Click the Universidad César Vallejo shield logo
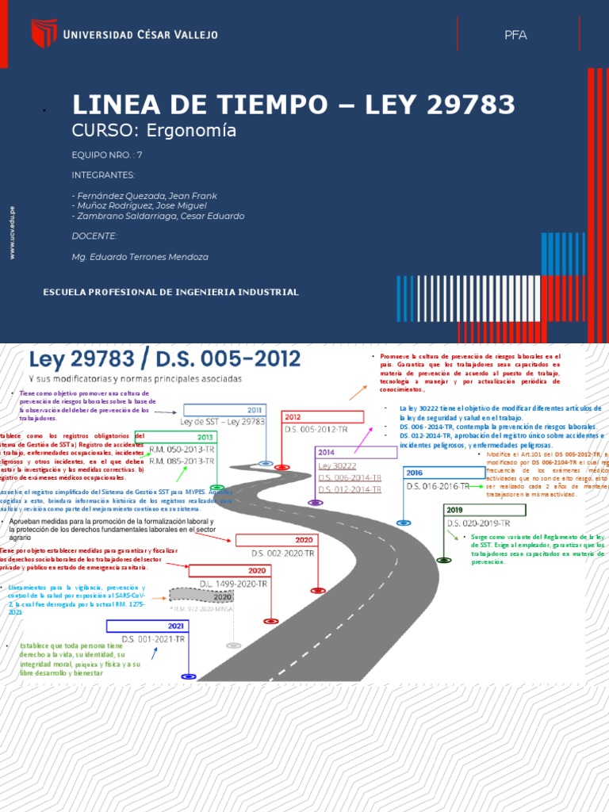(44, 33)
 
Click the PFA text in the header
(515, 35)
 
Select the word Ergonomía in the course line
(201, 131)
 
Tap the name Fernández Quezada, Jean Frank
(144, 195)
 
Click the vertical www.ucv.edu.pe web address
(12, 232)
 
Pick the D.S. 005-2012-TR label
(316, 428)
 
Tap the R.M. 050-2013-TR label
(182, 449)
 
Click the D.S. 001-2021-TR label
(153, 639)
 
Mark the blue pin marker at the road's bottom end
(188, 676)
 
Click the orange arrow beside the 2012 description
(358, 392)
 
